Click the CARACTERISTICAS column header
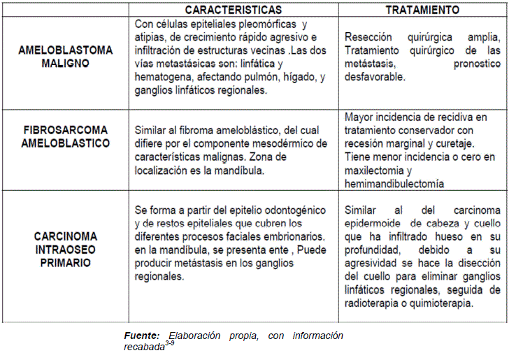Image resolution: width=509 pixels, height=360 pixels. click(234, 10)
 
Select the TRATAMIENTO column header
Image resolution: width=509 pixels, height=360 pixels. click(422, 10)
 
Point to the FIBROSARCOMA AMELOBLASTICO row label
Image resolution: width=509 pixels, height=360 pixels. click(66, 136)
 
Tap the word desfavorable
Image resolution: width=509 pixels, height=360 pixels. click(375, 77)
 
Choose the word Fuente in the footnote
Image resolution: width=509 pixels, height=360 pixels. click(143, 336)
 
